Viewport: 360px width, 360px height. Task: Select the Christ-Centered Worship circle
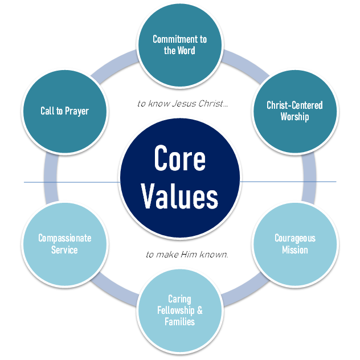[x=294, y=111]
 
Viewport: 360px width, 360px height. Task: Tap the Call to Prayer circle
[x=65, y=111]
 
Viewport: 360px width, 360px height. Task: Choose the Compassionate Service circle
[x=65, y=244]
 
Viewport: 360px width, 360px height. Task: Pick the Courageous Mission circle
[x=294, y=244]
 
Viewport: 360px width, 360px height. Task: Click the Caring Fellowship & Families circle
[x=180, y=310]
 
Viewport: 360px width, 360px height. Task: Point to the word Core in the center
[x=180, y=160]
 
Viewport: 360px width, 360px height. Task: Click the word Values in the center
[x=180, y=197]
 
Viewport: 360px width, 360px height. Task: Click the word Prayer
[x=76, y=111]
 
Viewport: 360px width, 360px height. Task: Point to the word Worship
[x=294, y=117]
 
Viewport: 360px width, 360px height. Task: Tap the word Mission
[x=294, y=250]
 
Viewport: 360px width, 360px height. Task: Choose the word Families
[x=180, y=322]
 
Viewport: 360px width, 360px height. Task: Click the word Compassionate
[x=65, y=238]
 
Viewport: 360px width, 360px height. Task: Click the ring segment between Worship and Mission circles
[x=311, y=177]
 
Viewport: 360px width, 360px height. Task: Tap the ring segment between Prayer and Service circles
[x=50, y=177]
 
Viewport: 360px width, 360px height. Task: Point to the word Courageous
[x=294, y=238]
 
